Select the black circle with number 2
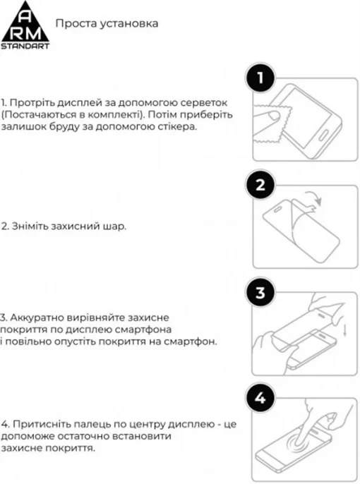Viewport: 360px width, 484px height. tap(259, 186)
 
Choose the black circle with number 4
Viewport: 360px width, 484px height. tap(259, 399)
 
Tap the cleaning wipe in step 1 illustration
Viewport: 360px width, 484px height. tap(275, 132)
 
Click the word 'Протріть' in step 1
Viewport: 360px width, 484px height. tap(33, 102)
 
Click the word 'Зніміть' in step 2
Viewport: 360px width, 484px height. tap(29, 226)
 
